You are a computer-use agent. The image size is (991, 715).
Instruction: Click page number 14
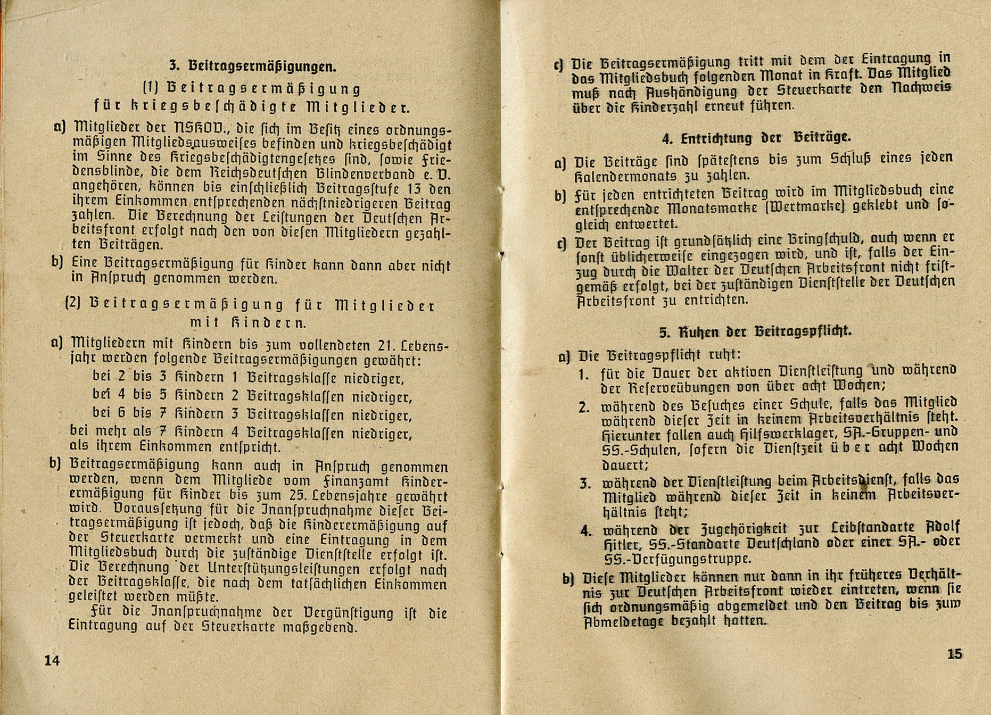(x=52, y=660)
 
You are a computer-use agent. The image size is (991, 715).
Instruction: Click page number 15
(x=955, y=654)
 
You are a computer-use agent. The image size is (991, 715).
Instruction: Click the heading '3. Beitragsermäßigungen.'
(x=253, y=66)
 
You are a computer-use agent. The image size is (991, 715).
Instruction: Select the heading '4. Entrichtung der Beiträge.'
(x=756, y=138)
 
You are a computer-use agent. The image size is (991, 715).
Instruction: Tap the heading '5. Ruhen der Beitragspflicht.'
(x=755, y=332)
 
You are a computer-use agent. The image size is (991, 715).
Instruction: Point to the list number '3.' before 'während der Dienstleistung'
(x=585, y=484)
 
